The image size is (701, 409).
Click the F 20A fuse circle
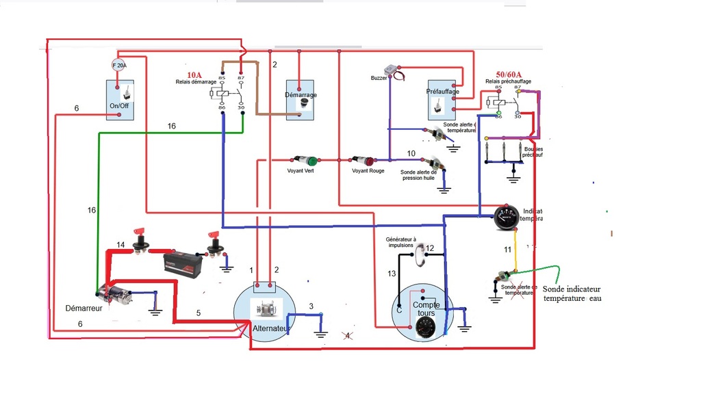click(x=119, y=66)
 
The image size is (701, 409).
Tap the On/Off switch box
click(x=120, y=100)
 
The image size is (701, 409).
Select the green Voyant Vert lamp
click(x=312, y=161)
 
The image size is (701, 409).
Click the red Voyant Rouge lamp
click(x=369, y=161)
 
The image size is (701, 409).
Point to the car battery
click(x=181, y=263)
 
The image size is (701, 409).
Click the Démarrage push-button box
click(x=300, y=100)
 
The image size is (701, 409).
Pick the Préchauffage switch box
click(x=442, y=100)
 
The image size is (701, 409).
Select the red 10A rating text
click(x=195, y=75)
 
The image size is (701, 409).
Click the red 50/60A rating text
click(x=509, y=74)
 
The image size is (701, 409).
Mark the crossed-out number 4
click(x=348, y=336)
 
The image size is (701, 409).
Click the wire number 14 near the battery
click(x=120, y=244)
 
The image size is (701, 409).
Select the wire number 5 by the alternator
click(x=199, y=313)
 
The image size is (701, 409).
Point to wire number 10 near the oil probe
click(x=411, y=153)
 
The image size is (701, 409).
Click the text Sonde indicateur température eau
click(x=572, y=293)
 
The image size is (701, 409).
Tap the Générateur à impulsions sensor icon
click(x=420, y=255)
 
